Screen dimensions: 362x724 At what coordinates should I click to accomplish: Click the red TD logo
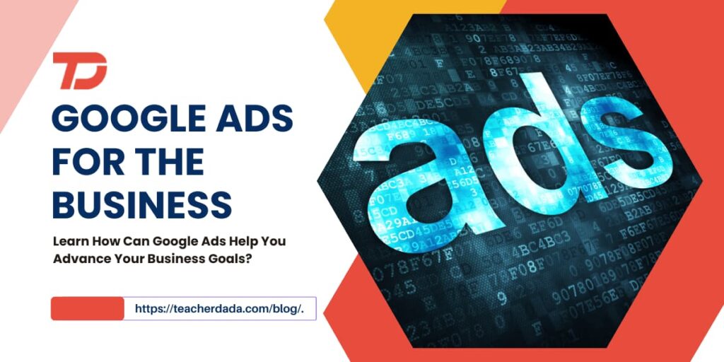click(x=79, y=71)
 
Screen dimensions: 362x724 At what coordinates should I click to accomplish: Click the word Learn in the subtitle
click(x=69, y=241)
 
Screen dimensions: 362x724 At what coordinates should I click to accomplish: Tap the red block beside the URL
click(x=87, y=309)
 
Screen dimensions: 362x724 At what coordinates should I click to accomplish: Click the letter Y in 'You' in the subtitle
click(x=265, y=241)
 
